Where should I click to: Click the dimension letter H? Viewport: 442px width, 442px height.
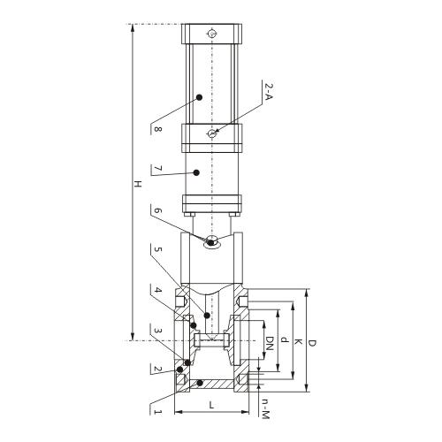[x=136, y=185]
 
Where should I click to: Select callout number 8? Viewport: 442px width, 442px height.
[x=157, y=129]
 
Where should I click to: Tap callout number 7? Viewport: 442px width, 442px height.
[x=157, y=169]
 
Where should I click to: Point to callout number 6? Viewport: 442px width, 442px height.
[x=157, y=211]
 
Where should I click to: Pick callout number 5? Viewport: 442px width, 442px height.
[x=157, y=250]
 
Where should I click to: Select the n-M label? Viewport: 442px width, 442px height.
[x=264, y=406]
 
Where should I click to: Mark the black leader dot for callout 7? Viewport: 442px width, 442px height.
[x=199, y=171]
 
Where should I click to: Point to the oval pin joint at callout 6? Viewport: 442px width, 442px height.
[x=212, y=243]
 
